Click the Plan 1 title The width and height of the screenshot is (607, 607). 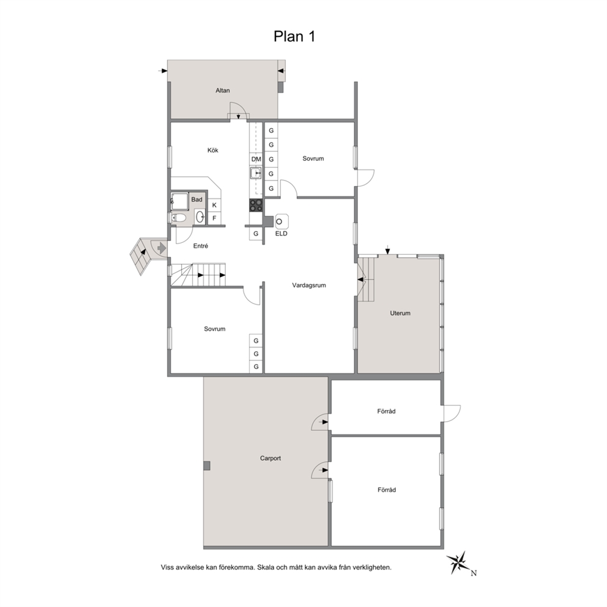point(294,36)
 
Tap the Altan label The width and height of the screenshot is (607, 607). point(223,91)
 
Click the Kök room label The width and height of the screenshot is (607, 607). point(212,150)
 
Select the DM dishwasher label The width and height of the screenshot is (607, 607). point(256,159)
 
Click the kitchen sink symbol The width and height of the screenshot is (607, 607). point(256,173)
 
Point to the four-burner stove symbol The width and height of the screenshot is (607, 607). point(256,205)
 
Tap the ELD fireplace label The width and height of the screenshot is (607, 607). point(281,234)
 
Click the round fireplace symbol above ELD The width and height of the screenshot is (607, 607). point(280,222)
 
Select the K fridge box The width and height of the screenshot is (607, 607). point(214,205)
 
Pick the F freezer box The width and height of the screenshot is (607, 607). point(214,218)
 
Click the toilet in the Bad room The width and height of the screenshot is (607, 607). point(177,218)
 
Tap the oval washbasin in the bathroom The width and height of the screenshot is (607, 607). point(199,217)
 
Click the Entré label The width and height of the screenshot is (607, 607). point(201,246)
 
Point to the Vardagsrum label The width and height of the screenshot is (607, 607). point(309,285)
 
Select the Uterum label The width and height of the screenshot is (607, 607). point(400,313)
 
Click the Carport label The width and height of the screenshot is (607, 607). point(270,458)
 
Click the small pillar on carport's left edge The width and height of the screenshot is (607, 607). point(207,466)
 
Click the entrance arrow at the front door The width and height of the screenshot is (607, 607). point(162,247)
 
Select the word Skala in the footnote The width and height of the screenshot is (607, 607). point(265,567)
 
